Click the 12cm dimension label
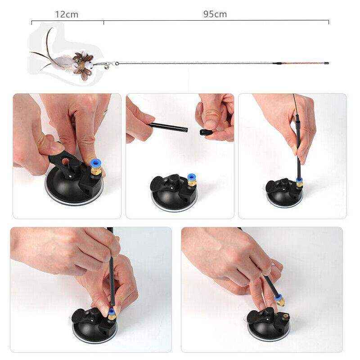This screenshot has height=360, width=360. click(67, 14)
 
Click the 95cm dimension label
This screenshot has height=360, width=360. click(215, 14)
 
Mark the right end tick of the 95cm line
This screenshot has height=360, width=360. click(328, 21)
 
